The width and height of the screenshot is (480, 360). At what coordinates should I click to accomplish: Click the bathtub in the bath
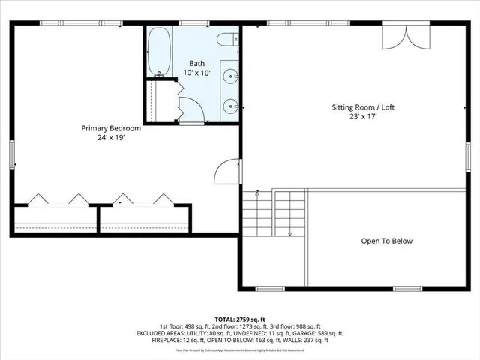click(x=159, y=52)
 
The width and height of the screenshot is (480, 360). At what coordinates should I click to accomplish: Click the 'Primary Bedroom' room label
click(x=111, y=128)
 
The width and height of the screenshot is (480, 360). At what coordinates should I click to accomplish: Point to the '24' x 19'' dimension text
click(x=111, y=138)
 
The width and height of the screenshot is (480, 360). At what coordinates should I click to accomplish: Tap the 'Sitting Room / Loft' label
click(x=363, y=107)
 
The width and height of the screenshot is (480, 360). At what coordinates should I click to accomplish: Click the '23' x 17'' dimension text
click(x=363, y=117)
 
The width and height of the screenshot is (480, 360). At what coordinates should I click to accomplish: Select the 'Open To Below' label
click(x=387, y=241)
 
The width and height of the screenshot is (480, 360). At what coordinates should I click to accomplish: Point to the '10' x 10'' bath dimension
click(x=196, y=73)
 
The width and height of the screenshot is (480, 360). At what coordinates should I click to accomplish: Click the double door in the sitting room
click(x=397, y=37)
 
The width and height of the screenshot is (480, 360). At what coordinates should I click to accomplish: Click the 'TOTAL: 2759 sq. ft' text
click(x=240, y=319)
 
